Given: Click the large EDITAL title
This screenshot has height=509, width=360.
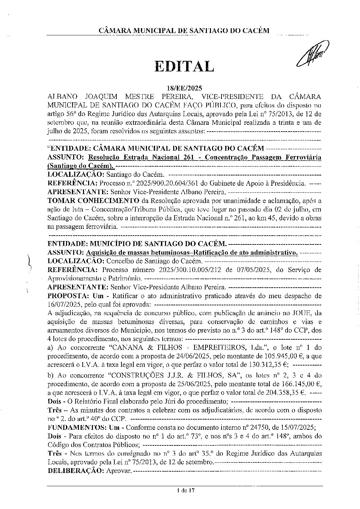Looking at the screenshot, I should click(x=184, y=67).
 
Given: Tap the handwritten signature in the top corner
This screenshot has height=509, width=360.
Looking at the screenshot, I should click(x=312, y=54).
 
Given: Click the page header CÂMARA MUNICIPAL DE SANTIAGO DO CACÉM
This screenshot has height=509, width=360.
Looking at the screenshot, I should click(x=184, y=31).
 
